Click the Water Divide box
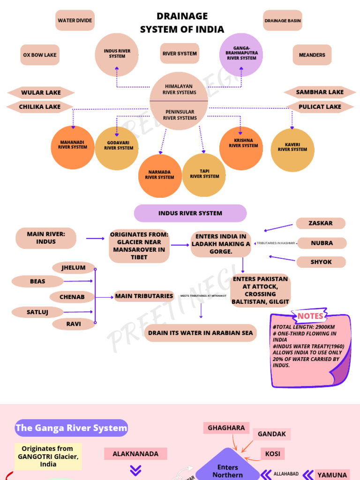(x=75, y=21)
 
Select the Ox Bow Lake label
(x=40, y=55)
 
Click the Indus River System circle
(x=117, y=54)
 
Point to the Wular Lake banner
(x=41, y=93)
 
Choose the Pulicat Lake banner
(x=320, y=107)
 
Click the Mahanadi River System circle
(x=73, y=147)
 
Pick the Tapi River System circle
(x=204, y=174)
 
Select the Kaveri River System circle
(x=292, y=150)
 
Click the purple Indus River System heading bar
(x=190, y=213)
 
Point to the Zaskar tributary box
(x=321, y=223)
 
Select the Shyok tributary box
(x=321, y=262)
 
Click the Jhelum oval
(x=74, y=268)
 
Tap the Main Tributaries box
(x=144, y=296)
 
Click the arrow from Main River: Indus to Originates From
(x=96, y=239)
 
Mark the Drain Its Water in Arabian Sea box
(x=200, y=333)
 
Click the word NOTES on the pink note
(x=310, y=316)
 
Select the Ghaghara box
(x=226, y=428)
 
